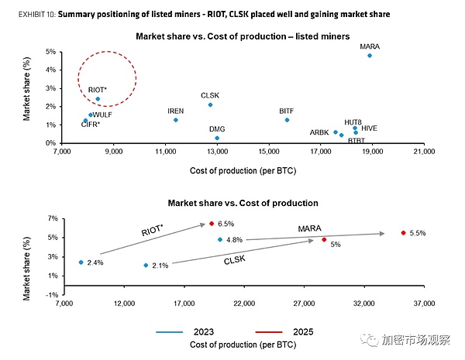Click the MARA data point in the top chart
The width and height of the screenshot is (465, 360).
[x=370, y=56]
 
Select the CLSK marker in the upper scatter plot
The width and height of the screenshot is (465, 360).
[x=210, y=105]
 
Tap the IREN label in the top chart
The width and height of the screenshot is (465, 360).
[x=176, y=111]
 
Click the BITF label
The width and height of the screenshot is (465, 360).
[x=287, y=111]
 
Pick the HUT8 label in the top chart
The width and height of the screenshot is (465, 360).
[x=353, y=122]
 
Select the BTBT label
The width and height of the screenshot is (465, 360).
[x=356, y=141]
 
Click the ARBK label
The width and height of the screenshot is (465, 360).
[x=319, y=132]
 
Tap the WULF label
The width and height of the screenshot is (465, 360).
[x=102, y=115]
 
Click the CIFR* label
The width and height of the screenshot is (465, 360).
[x=91, y=124]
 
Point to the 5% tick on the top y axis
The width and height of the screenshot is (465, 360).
[x=50, y=52]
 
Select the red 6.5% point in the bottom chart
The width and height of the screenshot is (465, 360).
[x=212, y=224]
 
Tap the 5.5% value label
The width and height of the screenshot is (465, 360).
[x=418, y=233]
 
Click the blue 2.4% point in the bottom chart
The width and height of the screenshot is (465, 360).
[x=81, y=262]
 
